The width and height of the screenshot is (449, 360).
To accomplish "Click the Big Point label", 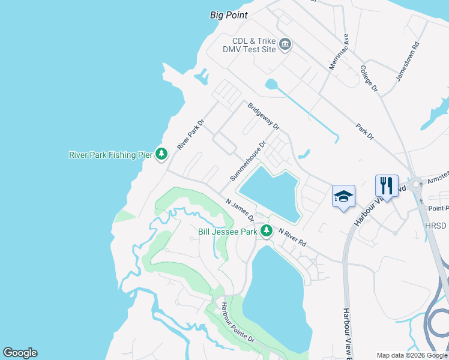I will [x=229, y=15].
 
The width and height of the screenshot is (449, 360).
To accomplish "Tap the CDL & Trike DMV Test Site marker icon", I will [x=285, y=44].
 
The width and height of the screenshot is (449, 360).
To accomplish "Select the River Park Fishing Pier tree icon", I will [x=161, y=154].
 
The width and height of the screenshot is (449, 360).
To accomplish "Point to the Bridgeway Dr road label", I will [x=264, y=116].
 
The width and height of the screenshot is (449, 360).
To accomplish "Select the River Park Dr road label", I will [x=191, y=134].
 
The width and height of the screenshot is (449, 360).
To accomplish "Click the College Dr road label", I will [x=369, y=79].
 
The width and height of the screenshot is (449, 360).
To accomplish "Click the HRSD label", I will [x=436, y=225].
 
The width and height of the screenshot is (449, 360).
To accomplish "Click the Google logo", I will [x=20, y=353].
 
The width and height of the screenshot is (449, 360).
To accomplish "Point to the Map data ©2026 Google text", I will [x=411, y=355].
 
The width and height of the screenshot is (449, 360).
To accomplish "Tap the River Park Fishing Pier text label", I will [x=111, y=155].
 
